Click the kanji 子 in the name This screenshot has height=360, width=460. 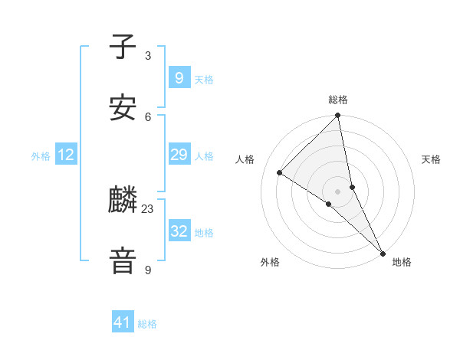(x=123, y=47)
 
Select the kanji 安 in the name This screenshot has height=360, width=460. (x=123, y=108)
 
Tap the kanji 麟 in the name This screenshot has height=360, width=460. (x=123, y=201)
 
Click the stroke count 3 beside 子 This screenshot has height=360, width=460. (x=148, y=56)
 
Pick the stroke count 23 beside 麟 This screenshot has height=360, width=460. (x=148, y=208)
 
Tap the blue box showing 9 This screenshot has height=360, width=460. (x=179, y=77)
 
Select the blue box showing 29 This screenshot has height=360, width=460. (x=179, y=155)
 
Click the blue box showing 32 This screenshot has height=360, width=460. (x=179, y=231)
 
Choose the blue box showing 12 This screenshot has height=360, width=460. (x=66, y=155)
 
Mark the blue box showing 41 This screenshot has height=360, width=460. (x=123, y=322)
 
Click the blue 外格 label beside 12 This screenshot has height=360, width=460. (x=41, y=156)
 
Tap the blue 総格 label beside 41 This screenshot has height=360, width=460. (x=147, y=324)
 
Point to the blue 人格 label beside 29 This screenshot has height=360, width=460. (x=204, y=156)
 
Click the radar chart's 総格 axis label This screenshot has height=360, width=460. (x=338, y=100)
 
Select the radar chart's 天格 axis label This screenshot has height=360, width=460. (x=431, y=159)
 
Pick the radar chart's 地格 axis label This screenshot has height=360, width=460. (x=402, y=262)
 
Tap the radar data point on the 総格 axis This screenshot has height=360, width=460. (x=338, y=116)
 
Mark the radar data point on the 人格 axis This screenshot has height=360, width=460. (x=280, y=172)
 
